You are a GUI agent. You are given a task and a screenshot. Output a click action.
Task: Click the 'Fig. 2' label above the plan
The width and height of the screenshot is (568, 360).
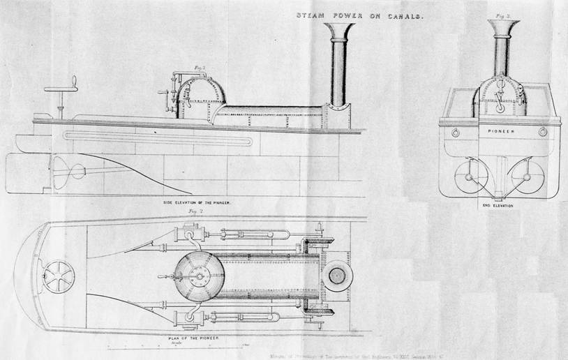tap(187, 210)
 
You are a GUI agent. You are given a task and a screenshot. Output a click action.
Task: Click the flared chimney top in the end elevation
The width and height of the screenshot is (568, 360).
tap(503, 27)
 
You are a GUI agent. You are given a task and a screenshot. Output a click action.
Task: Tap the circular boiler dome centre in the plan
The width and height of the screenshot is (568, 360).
tap(200, 276)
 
